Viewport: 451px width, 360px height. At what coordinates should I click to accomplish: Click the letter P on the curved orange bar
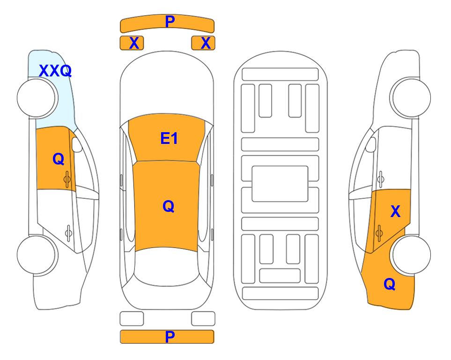170,21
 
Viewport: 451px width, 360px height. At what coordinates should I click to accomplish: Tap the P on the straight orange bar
170,337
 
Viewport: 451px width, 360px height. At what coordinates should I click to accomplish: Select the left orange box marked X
132,43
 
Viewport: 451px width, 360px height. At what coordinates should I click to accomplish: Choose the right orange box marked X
203,43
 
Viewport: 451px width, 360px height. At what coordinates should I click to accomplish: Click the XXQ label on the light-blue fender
55,71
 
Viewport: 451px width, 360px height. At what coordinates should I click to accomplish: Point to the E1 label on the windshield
169,138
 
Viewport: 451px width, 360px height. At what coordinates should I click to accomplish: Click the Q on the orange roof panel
169,206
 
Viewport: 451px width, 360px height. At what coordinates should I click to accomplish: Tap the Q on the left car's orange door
59,159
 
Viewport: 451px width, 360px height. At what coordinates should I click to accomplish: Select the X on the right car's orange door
395,211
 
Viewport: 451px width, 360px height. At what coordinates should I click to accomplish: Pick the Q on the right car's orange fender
390,284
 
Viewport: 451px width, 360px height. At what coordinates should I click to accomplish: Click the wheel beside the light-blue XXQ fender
37,98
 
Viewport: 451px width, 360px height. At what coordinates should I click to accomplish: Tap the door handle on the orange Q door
67,179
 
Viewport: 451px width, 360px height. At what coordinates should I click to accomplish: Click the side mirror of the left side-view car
77,144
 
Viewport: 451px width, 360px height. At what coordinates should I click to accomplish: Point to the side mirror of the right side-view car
371,144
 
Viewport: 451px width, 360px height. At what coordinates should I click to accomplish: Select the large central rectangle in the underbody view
280,184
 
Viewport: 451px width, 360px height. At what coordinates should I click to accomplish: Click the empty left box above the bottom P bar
132,319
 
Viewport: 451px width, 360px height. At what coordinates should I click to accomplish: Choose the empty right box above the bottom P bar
203,319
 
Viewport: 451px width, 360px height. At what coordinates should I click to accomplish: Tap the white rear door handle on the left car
68,232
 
